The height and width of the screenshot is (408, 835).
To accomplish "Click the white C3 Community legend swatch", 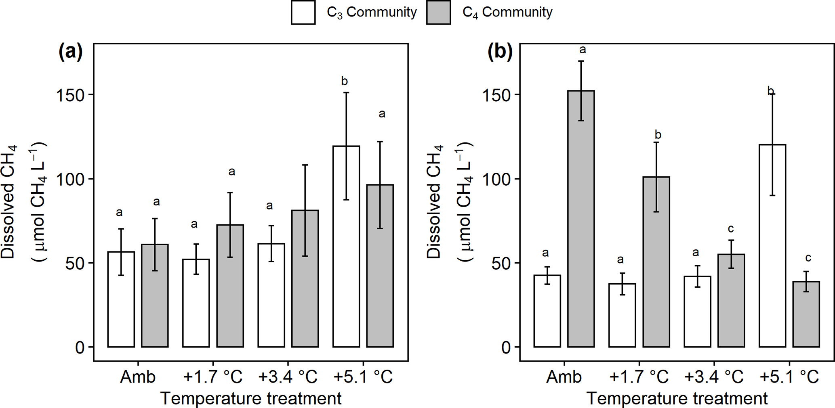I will click(303, 13).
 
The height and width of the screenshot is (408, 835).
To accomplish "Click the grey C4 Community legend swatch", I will click(438, 13).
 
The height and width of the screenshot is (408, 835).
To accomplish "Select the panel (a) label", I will click(70, 52).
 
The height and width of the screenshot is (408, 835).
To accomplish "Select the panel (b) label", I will click(500, 52).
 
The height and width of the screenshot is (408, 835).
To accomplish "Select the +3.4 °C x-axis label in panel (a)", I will click(288, 377).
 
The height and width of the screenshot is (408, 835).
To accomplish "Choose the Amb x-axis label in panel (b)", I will click(564, 377).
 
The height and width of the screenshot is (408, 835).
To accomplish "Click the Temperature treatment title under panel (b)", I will click(677, 399).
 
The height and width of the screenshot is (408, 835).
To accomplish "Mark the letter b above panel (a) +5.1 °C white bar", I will click(344, 82).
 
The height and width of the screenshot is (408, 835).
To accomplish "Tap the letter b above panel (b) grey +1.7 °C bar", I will click(658, 134).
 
